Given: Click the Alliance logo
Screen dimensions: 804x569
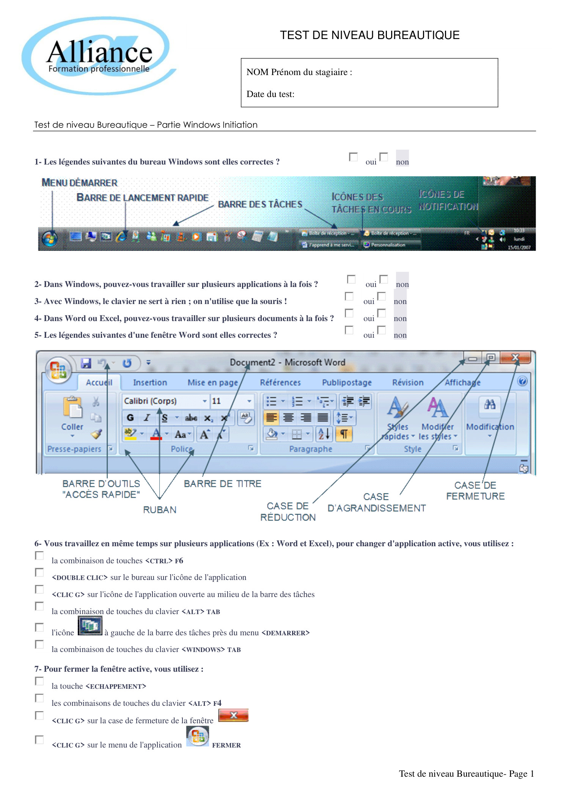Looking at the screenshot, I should click(x=99, y=55).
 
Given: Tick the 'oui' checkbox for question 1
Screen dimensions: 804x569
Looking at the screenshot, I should click(x=353, y=157).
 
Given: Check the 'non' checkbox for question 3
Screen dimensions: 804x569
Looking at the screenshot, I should click(x=382, y=296).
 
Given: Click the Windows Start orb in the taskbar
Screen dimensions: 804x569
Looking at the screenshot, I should click(x=50, y=238).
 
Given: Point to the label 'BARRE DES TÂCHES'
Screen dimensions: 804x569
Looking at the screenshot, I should click(x=260, y=204).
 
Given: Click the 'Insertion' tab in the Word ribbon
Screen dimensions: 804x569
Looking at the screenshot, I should click(x=150, y=382).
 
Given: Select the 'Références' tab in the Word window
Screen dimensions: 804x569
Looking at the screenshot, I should click(x=280, y=382).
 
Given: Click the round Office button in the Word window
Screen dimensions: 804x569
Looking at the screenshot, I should click(x=58, y=370).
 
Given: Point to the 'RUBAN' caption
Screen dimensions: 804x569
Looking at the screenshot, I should click(x=160, y=510).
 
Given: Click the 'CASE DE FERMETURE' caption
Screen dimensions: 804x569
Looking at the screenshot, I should click(x=475, y=491).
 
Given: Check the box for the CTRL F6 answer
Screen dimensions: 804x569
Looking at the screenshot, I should click(x=39, y=556).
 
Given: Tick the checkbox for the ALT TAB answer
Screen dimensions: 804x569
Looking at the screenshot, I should click(x=39, y=607).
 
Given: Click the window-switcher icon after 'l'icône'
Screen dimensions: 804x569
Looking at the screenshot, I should click(x=90, y=626).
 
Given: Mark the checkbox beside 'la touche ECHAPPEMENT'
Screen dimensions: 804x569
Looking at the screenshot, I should click(x=39, y=681).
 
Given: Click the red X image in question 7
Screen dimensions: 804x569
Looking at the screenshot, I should click(x=234, y=715).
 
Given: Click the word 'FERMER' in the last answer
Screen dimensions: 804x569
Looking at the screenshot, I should click(x=226, y=745).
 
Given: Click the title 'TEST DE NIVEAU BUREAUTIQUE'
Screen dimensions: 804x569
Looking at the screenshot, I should click(x=369, y=35).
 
